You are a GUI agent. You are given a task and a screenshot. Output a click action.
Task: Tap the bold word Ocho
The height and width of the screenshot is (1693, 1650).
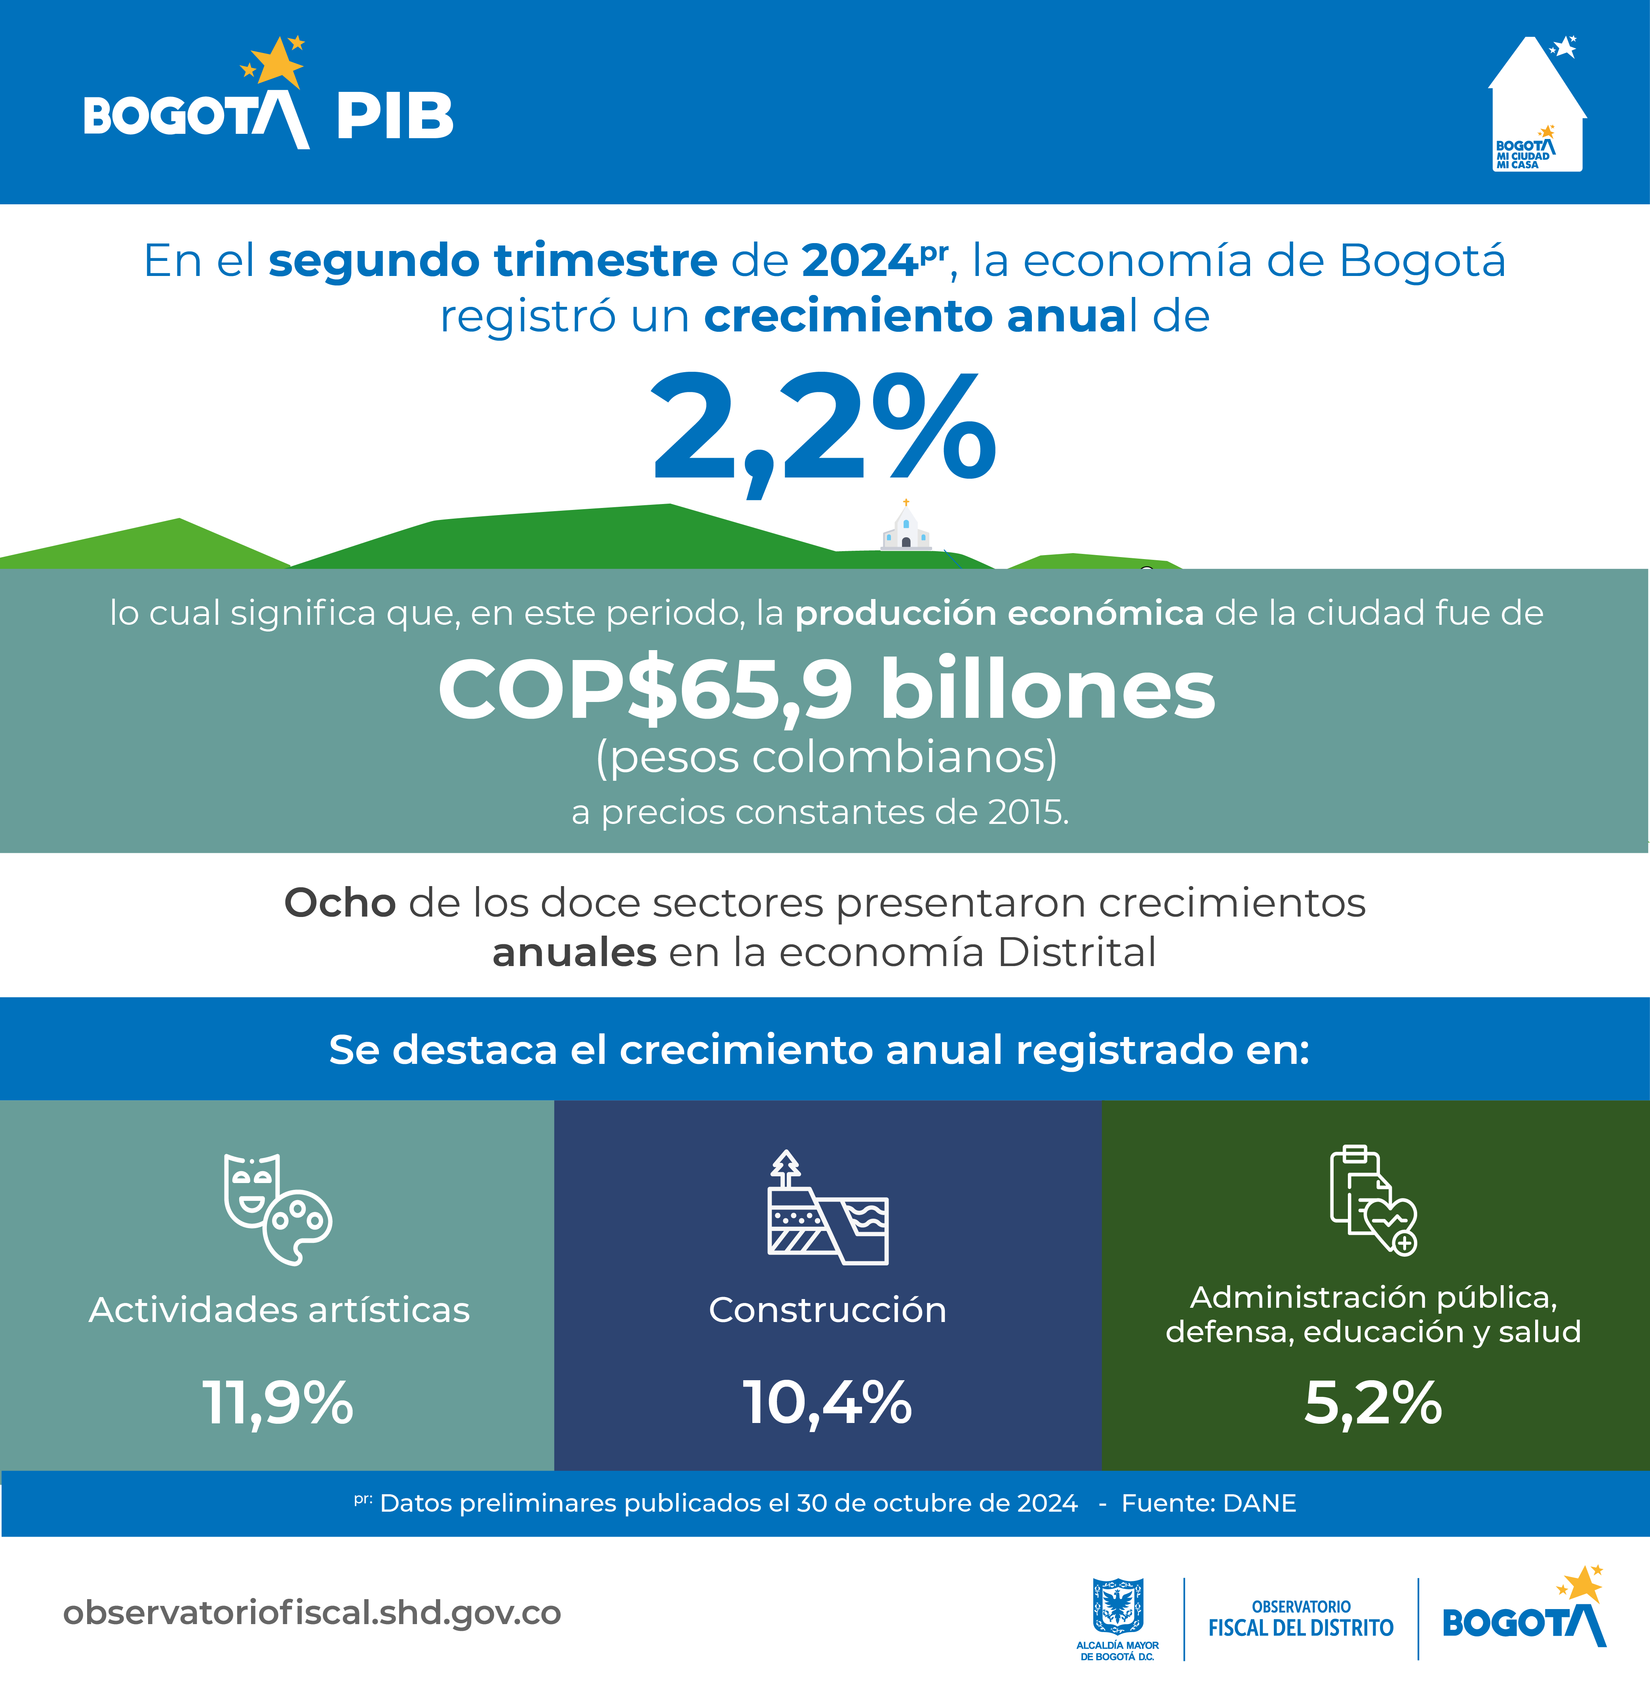[x=340, y=903]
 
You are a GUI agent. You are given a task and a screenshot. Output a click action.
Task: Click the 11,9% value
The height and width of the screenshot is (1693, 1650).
[x=277, y=1402]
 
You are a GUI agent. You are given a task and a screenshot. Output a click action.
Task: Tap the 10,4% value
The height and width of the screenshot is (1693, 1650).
[x=828, y=1402]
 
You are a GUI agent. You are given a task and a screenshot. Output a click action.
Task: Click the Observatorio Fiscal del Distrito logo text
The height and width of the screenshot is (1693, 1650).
[x=1301, y=1619]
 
